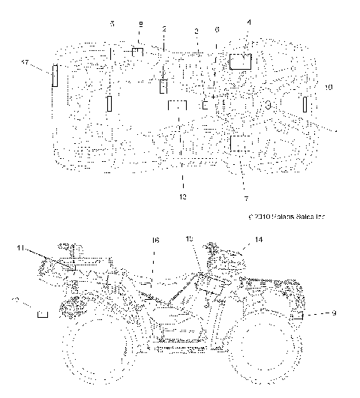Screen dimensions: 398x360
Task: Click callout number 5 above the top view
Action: (x=112, y=25)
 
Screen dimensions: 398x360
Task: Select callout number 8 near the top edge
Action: (x=140, y=25)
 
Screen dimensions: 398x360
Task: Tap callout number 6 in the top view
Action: (x=217, y=31)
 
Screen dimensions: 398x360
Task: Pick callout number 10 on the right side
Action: (x=328, y=88)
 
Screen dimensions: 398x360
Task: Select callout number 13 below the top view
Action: (x=182, y=196)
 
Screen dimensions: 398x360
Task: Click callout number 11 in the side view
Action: (x=22, y=247)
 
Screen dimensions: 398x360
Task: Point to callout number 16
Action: (x=155, y=240)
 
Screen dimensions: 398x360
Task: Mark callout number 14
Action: (x=258, y=239)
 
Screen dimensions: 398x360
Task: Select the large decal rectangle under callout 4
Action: (x=240, y=61)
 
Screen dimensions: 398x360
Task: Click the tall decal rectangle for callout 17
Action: (x=54, y=76)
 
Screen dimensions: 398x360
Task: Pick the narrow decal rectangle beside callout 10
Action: (x=306, y=105)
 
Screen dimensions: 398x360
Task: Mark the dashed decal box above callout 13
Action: (x=176, y=106)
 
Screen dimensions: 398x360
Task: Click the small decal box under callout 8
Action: (x=137, y=52)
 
